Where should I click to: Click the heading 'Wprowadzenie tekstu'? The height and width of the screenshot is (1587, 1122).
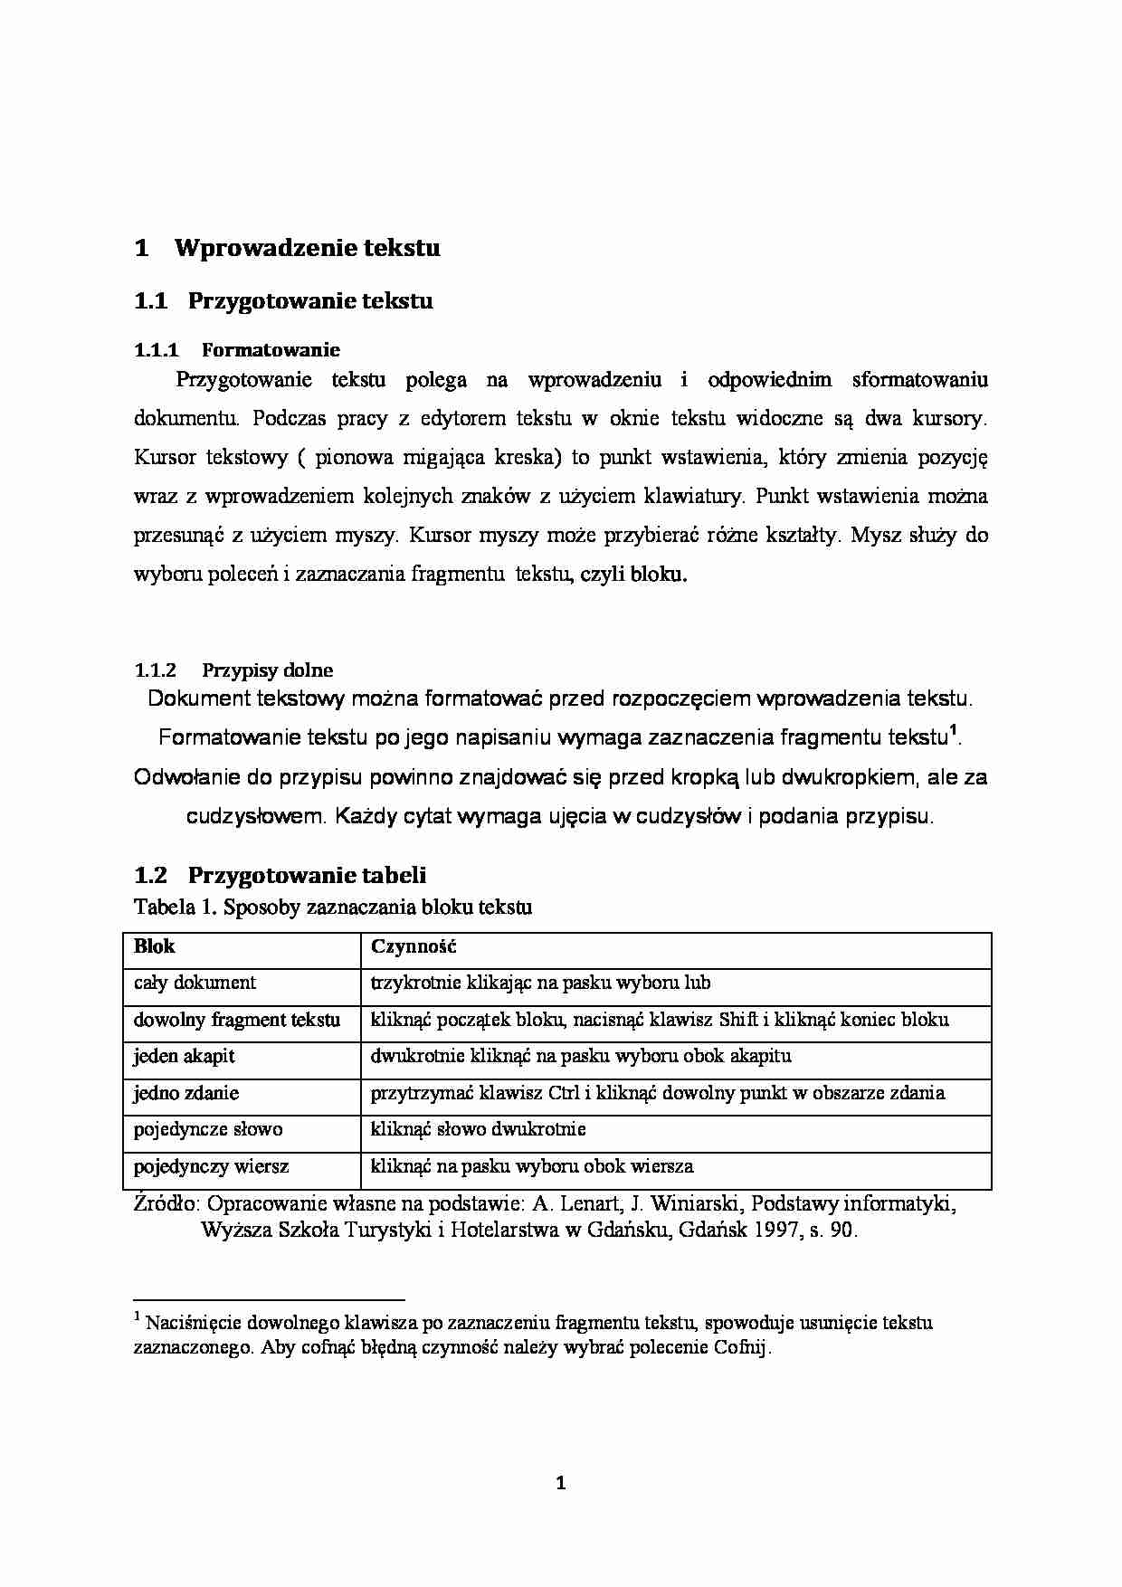[x=307, y=248]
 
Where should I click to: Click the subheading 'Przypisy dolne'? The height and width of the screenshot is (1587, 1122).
[x=267, y=670]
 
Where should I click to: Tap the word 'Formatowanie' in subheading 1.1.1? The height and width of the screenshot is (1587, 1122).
[x=271, y=350]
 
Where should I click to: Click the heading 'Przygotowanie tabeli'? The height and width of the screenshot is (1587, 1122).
[x=307, y=875]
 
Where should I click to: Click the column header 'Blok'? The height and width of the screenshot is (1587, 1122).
[x=154, y=946]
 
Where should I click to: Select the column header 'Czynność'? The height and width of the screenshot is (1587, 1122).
[x=414, y=946]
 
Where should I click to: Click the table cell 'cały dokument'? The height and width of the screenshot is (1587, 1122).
[x=195, y=983]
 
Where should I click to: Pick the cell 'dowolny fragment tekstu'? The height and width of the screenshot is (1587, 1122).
[x=237, y=1020]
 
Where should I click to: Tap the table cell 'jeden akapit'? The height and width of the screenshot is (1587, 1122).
[x=184, y=1056]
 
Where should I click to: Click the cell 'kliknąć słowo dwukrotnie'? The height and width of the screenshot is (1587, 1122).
[x=478, y=1129]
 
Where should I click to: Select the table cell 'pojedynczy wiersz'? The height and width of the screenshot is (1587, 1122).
[x=211, y=1166]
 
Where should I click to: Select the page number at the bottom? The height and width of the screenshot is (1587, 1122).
[x=560, y=1483]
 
